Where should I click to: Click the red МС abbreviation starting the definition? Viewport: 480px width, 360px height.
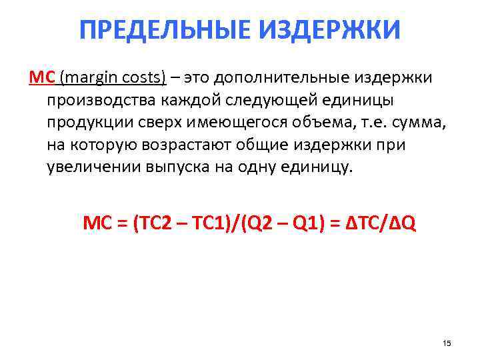(41, 78)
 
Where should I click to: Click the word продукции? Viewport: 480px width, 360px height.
(87, 122)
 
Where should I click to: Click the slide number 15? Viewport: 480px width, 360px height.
(447, 343)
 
